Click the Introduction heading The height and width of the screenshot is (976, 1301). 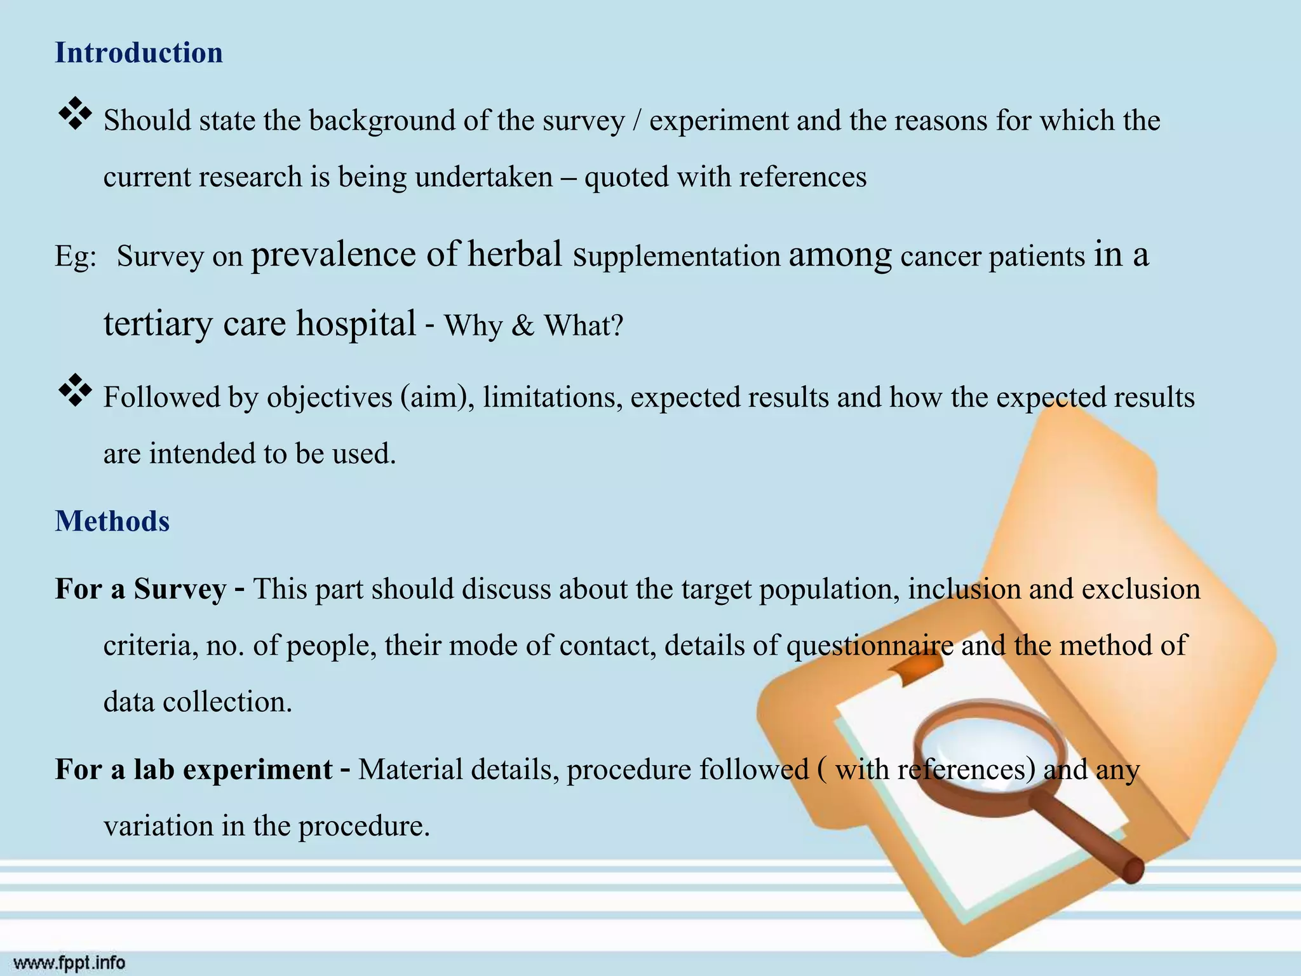click(x=138, y=53)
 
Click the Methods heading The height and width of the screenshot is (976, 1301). click(x=112, y=521)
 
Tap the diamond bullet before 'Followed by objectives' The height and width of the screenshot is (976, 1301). click(x=75, y=391)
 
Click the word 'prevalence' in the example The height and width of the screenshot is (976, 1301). click(x=334, y=255)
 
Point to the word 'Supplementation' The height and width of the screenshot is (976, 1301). click(x=677, y=257)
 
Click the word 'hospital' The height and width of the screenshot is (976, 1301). click(x=356, y=323)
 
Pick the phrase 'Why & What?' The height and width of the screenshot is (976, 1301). click(x=534, y=326)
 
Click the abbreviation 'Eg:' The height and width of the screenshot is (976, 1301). click(x=76, y=257)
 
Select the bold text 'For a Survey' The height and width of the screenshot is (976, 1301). click(x=140, y=589)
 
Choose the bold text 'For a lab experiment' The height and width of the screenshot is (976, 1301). click(x=194, y=769)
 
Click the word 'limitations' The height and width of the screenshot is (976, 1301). click(x=552, y=398)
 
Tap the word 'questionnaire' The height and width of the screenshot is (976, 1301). click(x=870, y=646)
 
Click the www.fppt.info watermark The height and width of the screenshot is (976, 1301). click(x=70, y=963)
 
